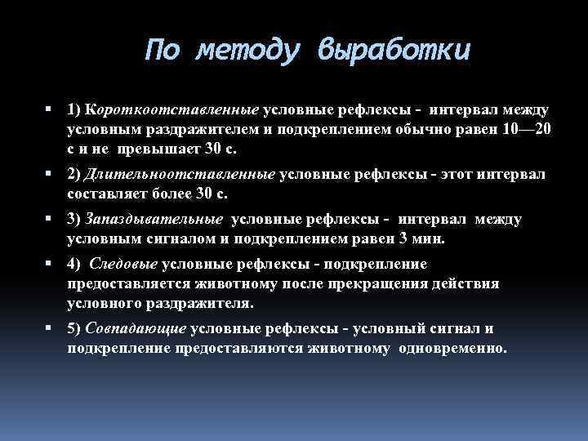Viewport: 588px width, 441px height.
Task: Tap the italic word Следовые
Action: (x=123, y=264)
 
